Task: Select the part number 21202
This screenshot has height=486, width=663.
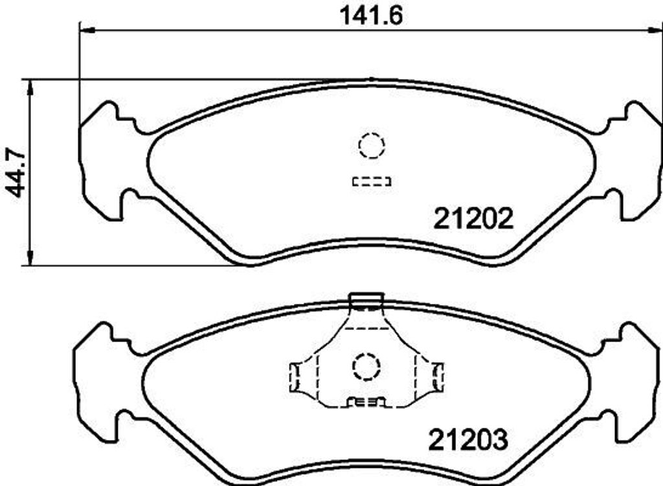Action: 473,219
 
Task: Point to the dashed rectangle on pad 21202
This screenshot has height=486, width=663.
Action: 372,182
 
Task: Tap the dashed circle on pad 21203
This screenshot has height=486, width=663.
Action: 365,367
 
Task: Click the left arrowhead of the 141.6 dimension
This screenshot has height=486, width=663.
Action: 86,29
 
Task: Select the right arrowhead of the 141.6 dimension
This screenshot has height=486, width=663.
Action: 654,29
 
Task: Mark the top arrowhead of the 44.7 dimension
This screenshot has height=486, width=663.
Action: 29,87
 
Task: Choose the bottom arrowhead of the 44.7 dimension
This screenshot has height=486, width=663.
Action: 29,257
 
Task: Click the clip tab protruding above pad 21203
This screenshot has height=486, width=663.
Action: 366,300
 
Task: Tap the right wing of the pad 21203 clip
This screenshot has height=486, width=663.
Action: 437,376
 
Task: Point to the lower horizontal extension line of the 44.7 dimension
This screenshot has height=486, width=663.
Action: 129,265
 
